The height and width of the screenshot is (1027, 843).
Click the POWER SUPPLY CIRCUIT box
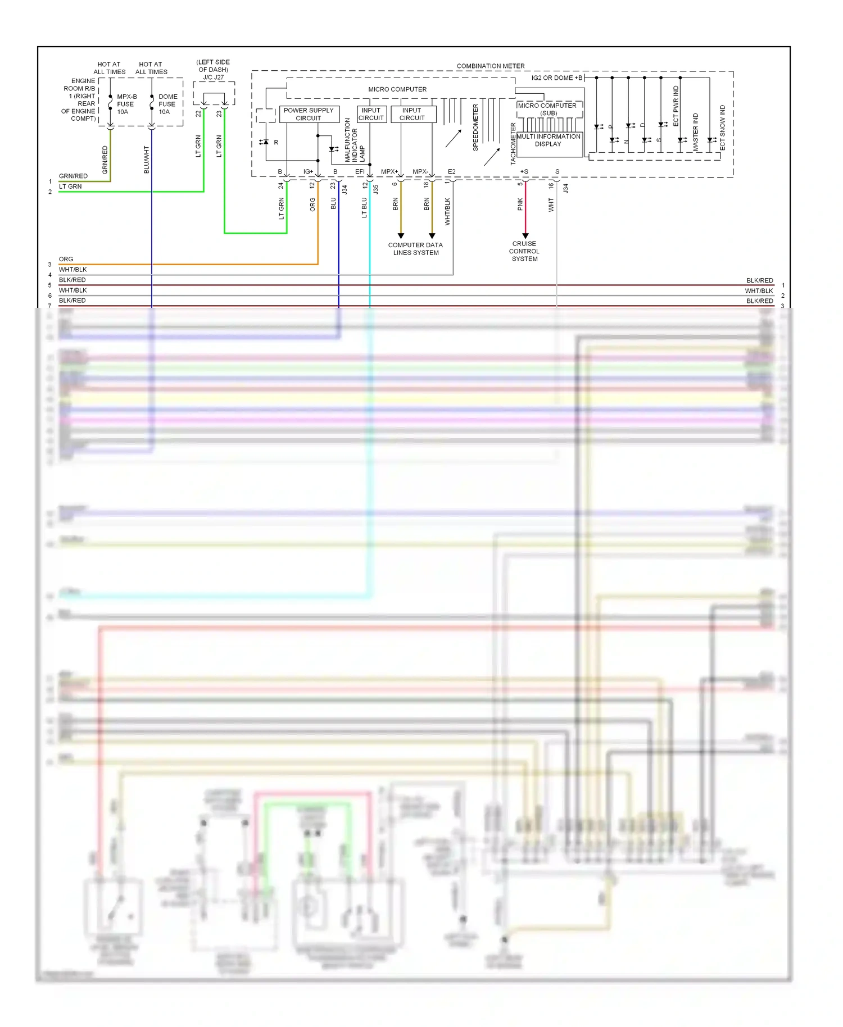(x=309, y=114)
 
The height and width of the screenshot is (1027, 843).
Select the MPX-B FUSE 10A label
(x=126, y=104)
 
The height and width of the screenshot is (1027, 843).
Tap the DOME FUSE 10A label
(x=167, y=104)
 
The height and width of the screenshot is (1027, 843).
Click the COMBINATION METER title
(x=490, y=66)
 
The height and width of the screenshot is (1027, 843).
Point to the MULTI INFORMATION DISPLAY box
(x=549, y=140)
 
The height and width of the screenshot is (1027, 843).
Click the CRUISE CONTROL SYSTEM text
(x=524, y=251)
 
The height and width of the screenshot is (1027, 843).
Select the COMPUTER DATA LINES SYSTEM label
(x=415, y=249)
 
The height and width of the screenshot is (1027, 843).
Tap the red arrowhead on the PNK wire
(x=525, y=235)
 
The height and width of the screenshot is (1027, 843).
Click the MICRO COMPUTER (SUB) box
(x=549, y=109)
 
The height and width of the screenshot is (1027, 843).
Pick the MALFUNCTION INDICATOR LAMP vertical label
(x=355, y=140)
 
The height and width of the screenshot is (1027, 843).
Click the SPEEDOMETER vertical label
(x=475, y=128)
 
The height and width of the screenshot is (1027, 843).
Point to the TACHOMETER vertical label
(x=513, y=144)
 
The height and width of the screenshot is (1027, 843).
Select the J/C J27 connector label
(x=214, y=78)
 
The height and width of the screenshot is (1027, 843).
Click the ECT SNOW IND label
(x=723, y=128)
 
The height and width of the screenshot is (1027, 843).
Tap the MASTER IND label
(x=696, y=131)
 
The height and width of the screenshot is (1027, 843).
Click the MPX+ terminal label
(x=389, y=171)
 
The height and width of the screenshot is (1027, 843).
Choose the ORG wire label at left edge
(x=66, y=259)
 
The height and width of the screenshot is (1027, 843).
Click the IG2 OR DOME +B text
(x=556, y=78)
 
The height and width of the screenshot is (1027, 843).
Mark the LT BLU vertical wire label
(x=364, y=207)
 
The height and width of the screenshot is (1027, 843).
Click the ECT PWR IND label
(x=676, y=106)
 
